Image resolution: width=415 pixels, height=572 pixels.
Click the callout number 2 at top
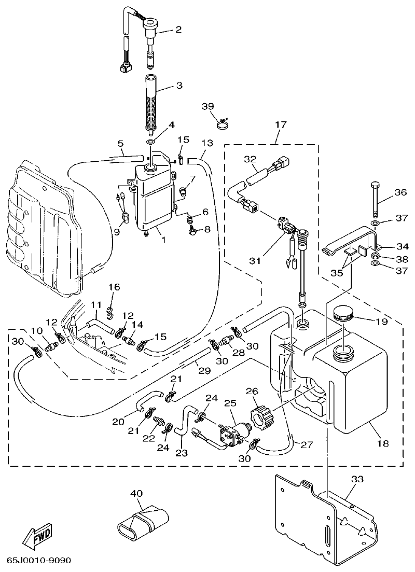pos(178,30)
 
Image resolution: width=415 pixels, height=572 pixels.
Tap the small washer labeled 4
pos(150,142)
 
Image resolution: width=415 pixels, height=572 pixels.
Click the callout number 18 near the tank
pos(382,443)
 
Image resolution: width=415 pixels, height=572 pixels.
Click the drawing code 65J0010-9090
pos(39,561)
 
